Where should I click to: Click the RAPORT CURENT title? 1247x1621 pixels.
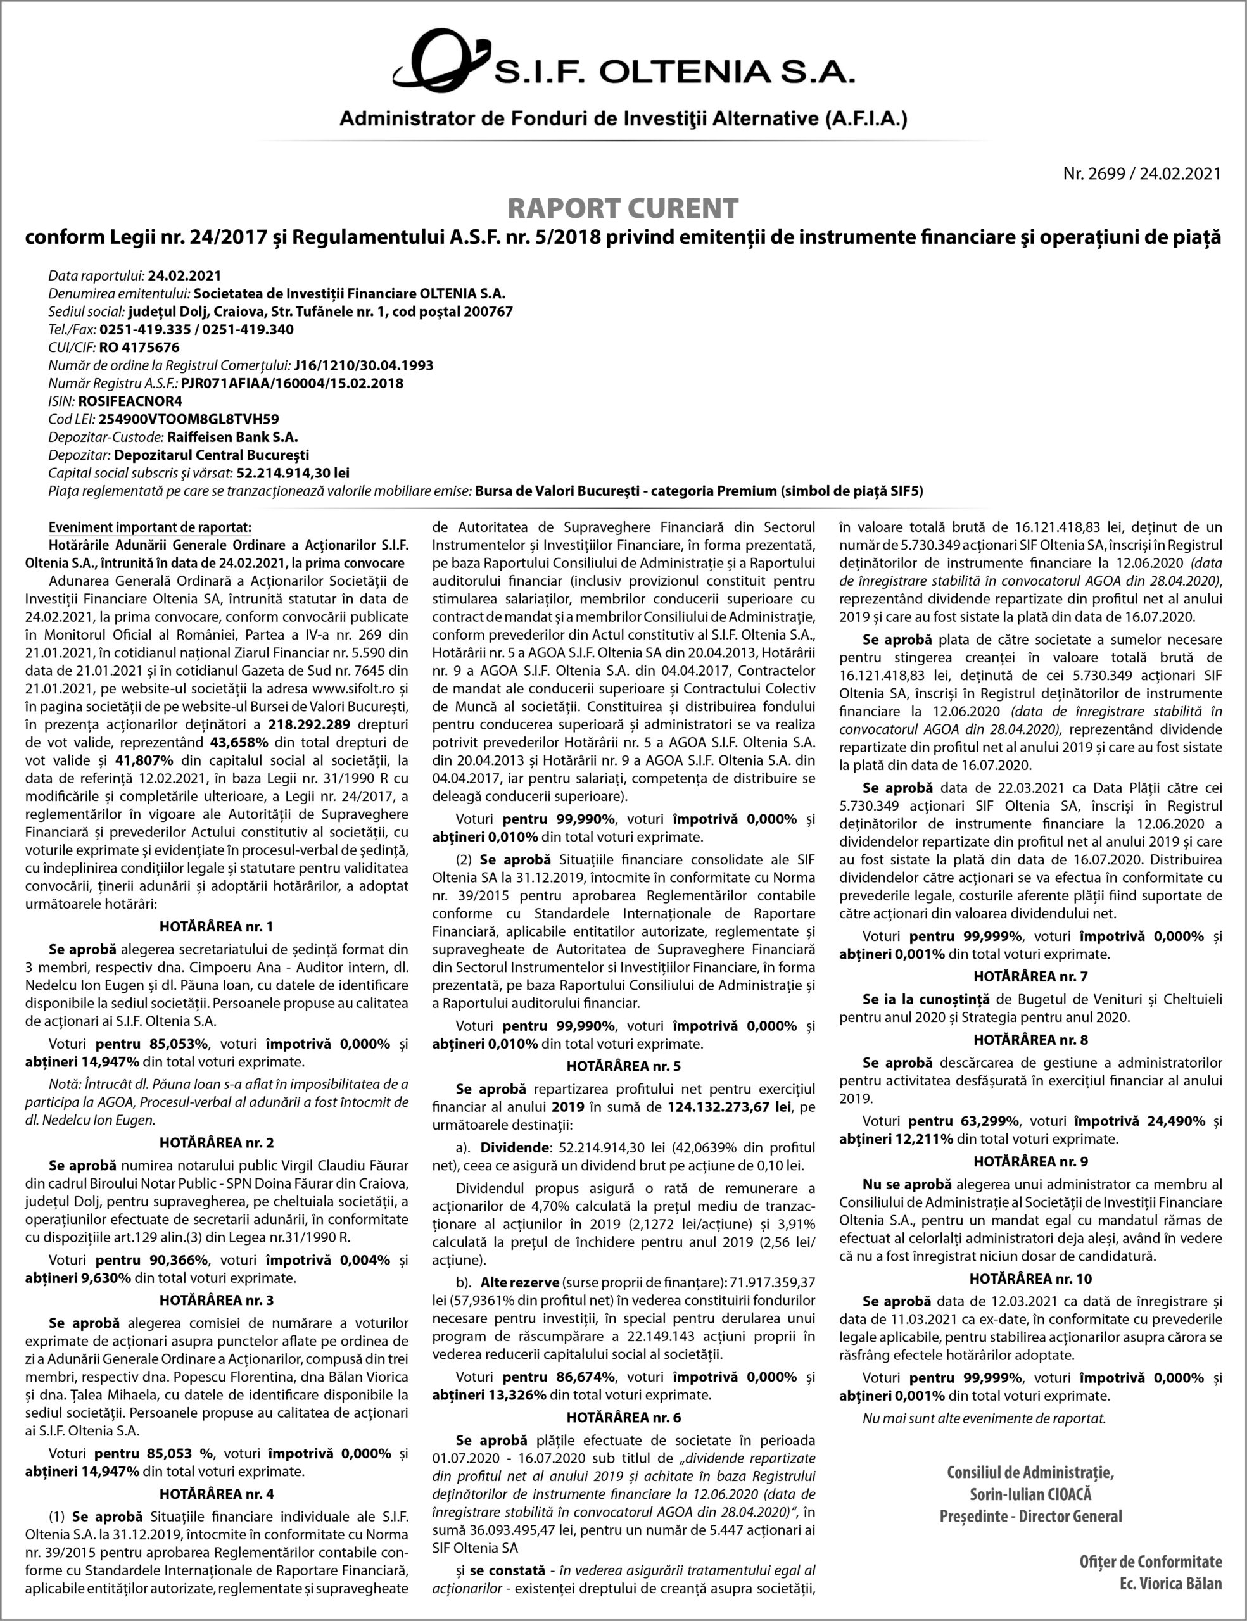tap(623, 208)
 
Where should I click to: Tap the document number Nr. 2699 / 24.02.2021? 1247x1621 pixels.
tap(1142, 173)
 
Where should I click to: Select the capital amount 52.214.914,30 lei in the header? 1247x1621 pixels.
tap(293, 473)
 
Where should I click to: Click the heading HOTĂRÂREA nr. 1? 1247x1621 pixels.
tap(216, 926)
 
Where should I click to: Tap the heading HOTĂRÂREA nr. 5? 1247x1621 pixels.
tap(623, 1066)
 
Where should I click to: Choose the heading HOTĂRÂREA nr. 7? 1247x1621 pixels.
tap(1030, 977)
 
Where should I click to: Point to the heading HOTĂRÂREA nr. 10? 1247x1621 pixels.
tap(1030, 1279)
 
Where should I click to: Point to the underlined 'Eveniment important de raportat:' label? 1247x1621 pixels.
tap(150, 527)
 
